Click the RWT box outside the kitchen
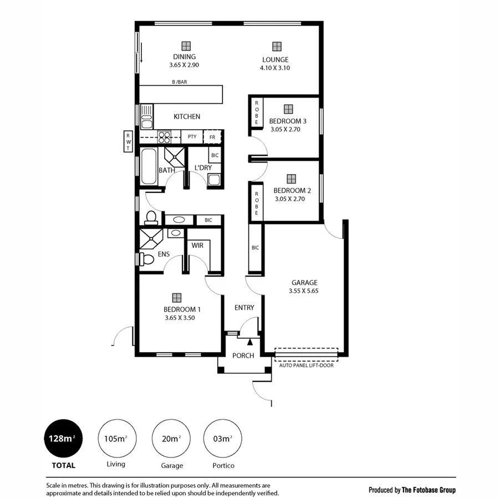tap(128, 141)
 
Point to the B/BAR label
tap(180, 82)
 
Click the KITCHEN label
tap(187, 116)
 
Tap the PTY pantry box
tap(192, 136)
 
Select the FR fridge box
tap(212, 136)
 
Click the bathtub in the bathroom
tap(149, 166)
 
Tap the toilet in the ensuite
tap(146, 259)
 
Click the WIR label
tap(197, 245)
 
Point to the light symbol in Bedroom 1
tap(176, 298)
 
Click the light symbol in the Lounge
tap(276, 47)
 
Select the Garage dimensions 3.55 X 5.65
tap(303, 291)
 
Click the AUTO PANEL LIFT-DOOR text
tap(306, 365)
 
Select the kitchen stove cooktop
tap(165, 136)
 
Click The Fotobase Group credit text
tap(429, 490)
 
